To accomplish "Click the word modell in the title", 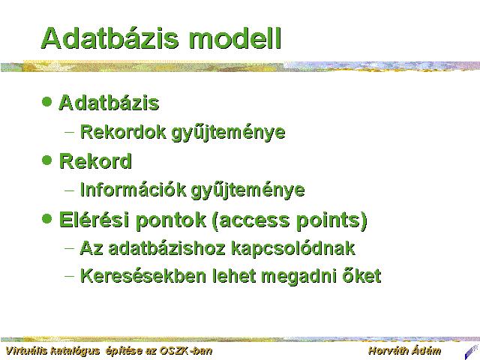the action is [235, 38].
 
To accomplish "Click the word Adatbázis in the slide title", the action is [109, 38].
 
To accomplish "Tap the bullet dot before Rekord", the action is [46, 160].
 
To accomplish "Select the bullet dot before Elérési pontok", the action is [46, 219].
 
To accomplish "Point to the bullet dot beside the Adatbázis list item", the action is [46, 101].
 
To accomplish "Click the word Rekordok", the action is [123, 132].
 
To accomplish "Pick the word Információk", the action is [133, 190].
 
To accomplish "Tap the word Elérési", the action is [94, 220].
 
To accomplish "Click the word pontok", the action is [170, 220].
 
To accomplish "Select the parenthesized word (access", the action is [250, 220].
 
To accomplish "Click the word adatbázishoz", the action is [167, 248].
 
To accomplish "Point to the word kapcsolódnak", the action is [293, 248].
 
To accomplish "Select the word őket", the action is [361, 275].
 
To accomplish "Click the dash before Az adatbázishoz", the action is [70, 248].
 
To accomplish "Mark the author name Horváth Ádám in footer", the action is [404, 350].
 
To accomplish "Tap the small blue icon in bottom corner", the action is [472, 352].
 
